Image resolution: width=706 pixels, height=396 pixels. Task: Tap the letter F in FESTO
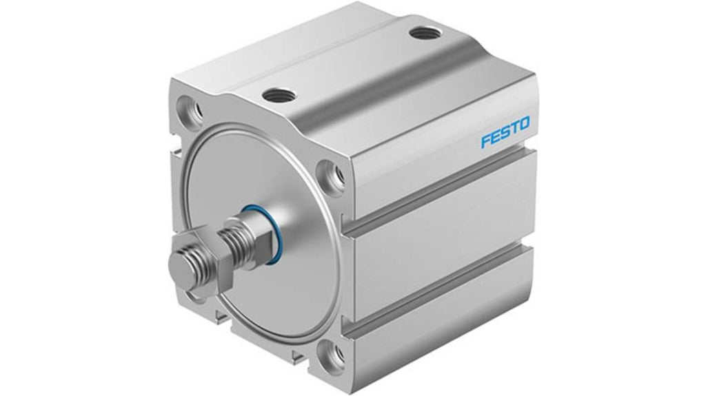[486, 140]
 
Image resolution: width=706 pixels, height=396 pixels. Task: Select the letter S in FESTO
[505, 132]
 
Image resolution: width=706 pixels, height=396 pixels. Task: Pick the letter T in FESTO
[514, 128]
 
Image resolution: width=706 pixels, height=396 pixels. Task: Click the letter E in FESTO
[495, 136]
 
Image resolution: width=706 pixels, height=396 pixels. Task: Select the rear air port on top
[425, 33]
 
